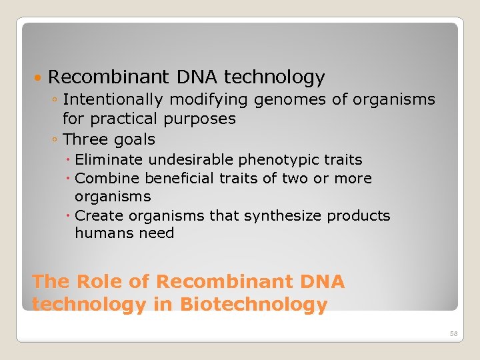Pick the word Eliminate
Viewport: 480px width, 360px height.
[x=109, y=160]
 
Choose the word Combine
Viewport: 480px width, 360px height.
[x=107, y=179]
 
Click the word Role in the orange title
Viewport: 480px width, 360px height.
[x=101, y=282]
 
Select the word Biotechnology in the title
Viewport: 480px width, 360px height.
[x=255, y=305]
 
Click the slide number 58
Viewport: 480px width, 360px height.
[x=453, y=333]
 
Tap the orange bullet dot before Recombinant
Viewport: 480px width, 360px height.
[x=39, y=79]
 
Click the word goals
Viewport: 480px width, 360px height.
[x=133, y=140]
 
